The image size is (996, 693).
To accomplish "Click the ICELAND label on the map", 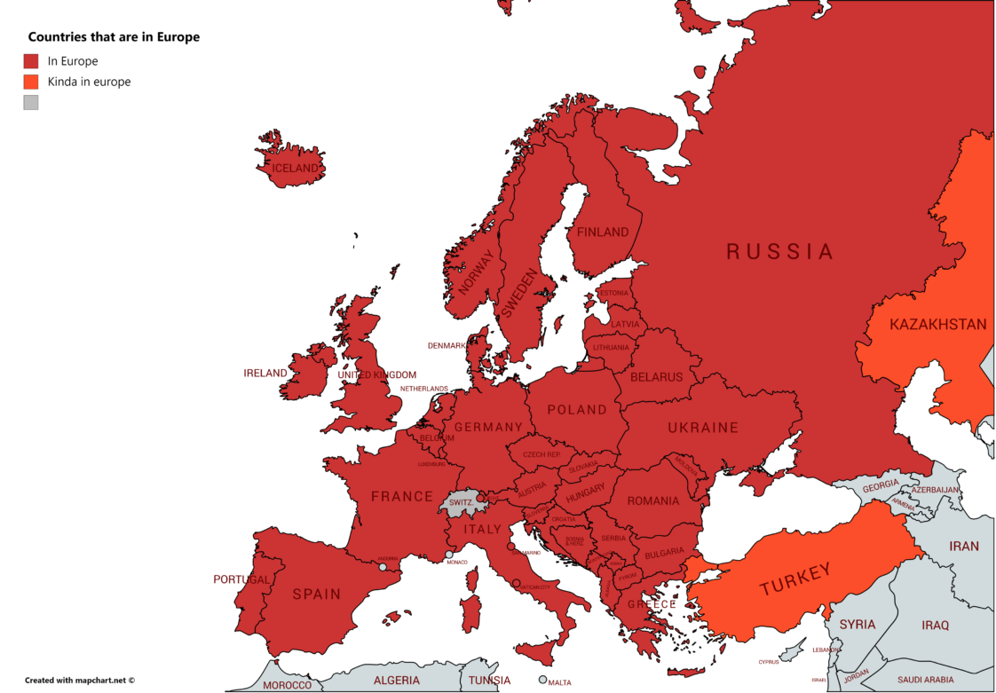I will [x=295, y=169].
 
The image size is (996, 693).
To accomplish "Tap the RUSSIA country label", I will [x=780, y=252].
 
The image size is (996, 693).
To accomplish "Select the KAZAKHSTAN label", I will [x=938, y=325].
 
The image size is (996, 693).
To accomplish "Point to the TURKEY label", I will [x=794, y=579].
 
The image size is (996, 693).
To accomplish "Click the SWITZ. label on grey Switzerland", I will [x=461, y=502].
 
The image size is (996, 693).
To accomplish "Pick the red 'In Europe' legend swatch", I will [x=31, y=61].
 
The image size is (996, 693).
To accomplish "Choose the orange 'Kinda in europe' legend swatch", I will [x=31, y=82].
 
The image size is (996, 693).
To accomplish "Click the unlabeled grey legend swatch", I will [x=31, y=102].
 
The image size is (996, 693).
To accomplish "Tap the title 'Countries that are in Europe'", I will [x=114, y=37].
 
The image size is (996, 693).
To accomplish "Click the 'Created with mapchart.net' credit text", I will [x=80, y=681].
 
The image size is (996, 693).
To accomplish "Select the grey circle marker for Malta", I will [x=542, y=680].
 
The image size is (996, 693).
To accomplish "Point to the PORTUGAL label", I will [x=241, y=579].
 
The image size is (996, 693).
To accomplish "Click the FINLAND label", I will [x=603, y=232].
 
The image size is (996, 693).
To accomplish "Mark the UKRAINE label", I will [x=703, y=428].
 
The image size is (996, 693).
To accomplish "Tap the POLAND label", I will [x=577, y=410].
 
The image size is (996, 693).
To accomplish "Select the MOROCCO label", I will [x=287, y=685].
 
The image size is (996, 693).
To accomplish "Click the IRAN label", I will [x=964, y=547].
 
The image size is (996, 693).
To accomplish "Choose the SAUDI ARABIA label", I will [x=925, y=681].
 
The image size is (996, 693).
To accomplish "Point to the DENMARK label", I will [x=447, y=346].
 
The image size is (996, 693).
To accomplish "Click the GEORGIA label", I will [x=881, y=485].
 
